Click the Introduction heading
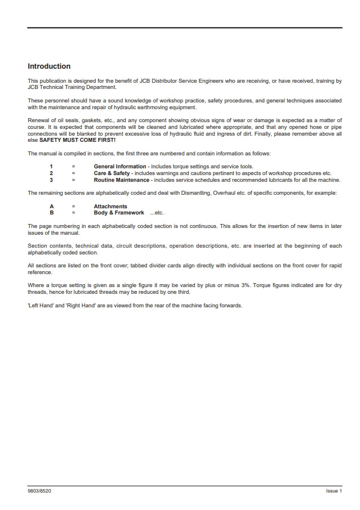(x=49, y=66)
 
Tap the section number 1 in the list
(x=51, y=167)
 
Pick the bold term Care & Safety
(x=112, y=173)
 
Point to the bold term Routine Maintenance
(x=122, y=180)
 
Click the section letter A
(x=51, y=207)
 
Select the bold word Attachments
(x=110, y=207)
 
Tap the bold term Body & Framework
(x=119, y=213)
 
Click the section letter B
(x=51, y=213)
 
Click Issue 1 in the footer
(x=334, y=491)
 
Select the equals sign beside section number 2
(x=73, y=173)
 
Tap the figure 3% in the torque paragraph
(x=246, y=286)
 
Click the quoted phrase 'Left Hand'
(x=40, y=306)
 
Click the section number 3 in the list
(x=51, y=180)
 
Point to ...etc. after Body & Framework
(x=157, y=213)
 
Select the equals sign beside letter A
(x=73, y=207)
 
